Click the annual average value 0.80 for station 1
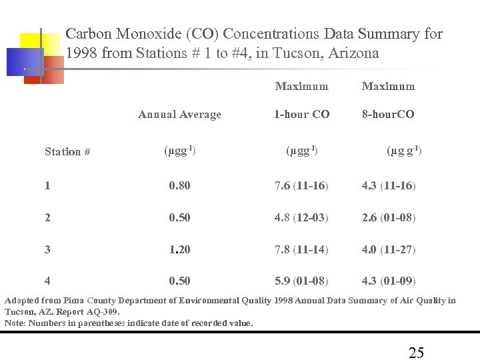point(179,186)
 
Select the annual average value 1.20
point(179,250)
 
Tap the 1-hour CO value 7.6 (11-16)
point(301,186)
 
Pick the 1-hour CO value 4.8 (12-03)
point(301,218)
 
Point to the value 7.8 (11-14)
point(301,250)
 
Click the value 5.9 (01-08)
point(301,281)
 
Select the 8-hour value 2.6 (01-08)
point(389,218)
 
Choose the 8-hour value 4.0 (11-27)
point(389,250)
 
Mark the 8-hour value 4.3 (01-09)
point(389,281)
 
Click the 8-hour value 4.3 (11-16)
point(389,186)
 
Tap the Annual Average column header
point(179,115)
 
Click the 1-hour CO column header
point(301,115)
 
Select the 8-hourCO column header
point(388,115)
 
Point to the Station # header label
point(67,152)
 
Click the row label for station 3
point(47,250)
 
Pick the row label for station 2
point(47,218)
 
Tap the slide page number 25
point(416,353)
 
